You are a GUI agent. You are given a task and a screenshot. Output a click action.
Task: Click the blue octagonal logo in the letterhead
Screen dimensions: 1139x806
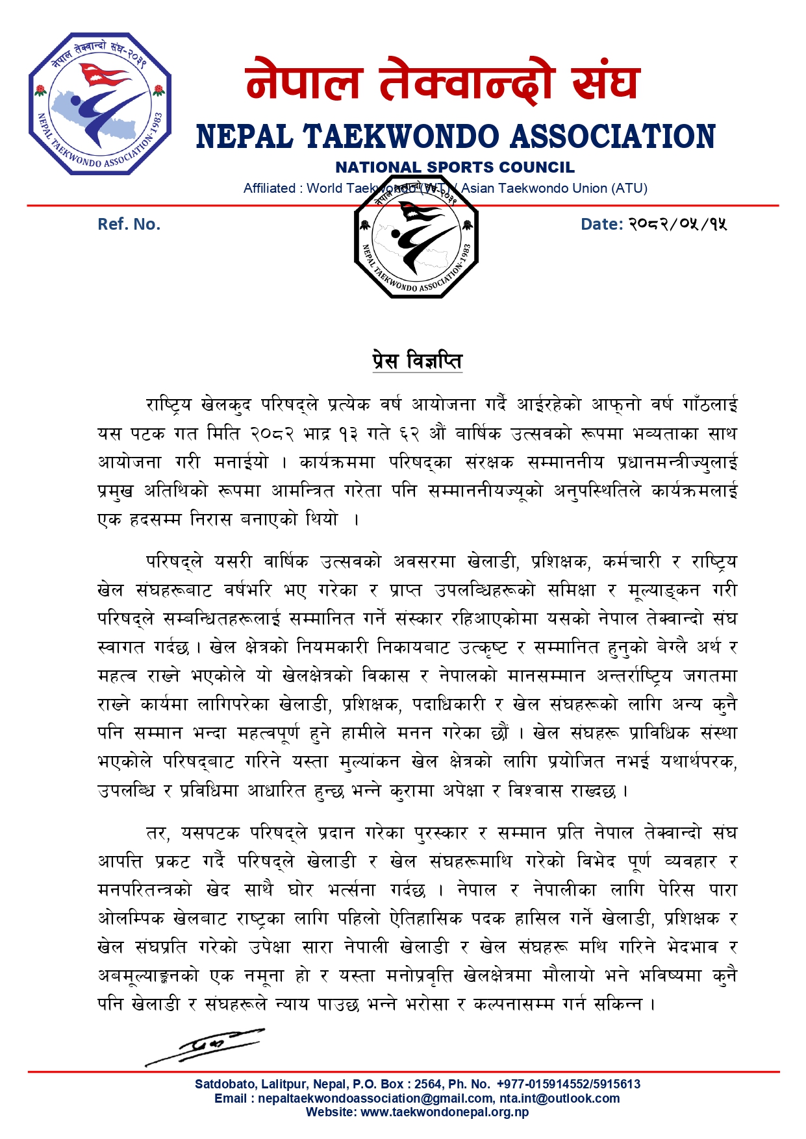pos(100,104)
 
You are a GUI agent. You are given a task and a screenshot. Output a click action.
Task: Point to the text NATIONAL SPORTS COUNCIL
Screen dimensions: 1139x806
pos(455,167)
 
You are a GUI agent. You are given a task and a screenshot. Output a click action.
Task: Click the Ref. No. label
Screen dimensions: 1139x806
pos(129,225)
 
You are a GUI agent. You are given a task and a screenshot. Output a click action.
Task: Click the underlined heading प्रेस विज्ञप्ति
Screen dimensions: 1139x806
pos(417,360)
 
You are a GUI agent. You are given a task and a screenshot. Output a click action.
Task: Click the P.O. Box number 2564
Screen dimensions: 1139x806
pos(429,1084)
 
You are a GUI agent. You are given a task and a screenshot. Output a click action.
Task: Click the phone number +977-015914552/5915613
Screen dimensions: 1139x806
pos(568,1084)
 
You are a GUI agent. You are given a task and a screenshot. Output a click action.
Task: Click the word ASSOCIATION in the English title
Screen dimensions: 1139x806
pos(612,137)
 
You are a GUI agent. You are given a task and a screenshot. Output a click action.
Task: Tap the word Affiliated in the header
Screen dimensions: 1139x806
pos(270,188)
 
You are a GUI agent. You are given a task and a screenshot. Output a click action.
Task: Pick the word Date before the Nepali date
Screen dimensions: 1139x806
pos(600,225)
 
